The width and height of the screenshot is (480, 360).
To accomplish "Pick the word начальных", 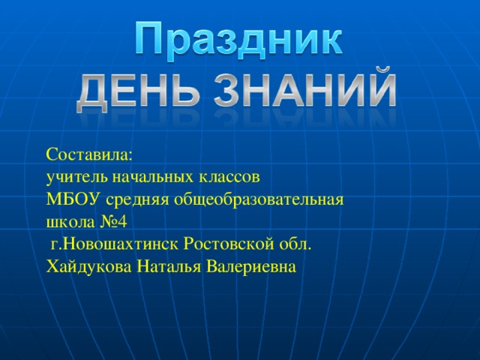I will pos(153,178).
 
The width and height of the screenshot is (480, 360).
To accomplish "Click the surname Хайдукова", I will pos(89,267).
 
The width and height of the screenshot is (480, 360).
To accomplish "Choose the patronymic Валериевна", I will pos(253,267).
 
